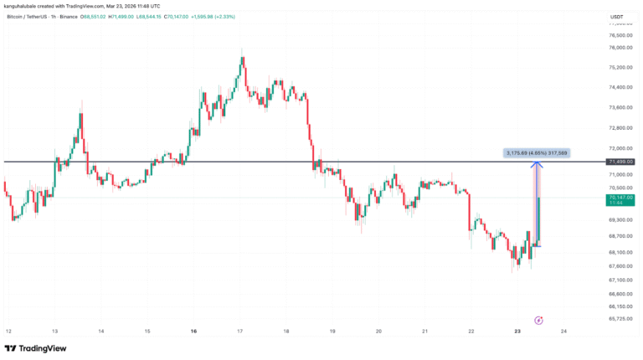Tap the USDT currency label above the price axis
coord(617,17)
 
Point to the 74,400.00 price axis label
coord(620,87)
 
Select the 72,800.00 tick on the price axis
coord(620,128)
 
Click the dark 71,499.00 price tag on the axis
coord(620,161)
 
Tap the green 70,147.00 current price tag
coord(620,198)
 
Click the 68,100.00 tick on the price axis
coord(620,252)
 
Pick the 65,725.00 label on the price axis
coord(620,319)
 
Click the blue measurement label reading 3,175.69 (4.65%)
coord(536,152)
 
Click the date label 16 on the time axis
coord(193,332)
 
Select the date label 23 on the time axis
coord(517,332)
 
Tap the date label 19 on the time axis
coord(332,332)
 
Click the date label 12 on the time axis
coord(8,332)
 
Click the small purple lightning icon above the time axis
coord(539,319)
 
